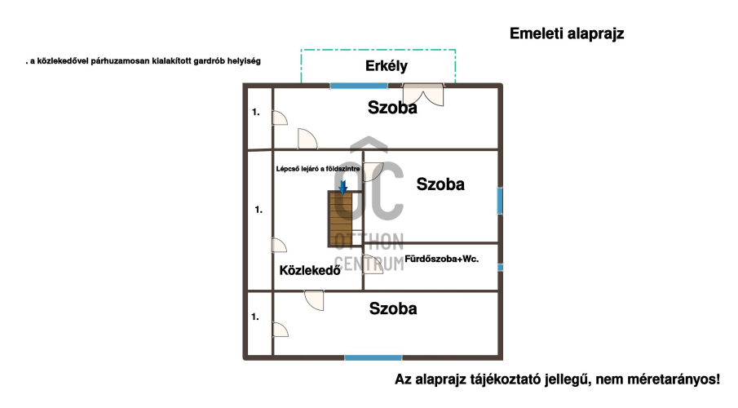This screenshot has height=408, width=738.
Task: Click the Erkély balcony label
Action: [x=387, y=66]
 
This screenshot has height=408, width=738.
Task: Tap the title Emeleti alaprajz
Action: [x=567, y=34]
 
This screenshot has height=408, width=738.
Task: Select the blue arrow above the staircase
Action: [x=343, y=187]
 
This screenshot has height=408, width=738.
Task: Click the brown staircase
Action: [x=341, y=219]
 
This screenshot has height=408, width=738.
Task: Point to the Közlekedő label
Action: [x=310, y=270]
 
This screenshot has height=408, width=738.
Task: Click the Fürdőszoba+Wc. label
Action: [x=441, y=259]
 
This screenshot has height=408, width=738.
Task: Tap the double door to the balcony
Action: [x=423, y=95]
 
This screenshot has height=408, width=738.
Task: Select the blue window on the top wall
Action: [x=359, y=86]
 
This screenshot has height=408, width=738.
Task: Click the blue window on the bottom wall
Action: [x=373, y=358]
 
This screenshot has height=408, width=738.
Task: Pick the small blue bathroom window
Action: [x=501, y=268]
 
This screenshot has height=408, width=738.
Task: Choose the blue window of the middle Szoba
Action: [x=500, y=201]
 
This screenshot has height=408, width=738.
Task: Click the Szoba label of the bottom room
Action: [x=393, y=308]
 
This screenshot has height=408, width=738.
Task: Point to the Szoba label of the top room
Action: [x=392, y=108]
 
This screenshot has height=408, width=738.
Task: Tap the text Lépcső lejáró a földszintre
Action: [x=318, y=169]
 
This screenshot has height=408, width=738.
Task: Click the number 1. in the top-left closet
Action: [x=255, y=112]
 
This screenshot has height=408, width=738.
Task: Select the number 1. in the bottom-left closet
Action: [x=255, y=317]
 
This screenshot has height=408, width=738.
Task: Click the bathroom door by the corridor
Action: [x=373, y=264]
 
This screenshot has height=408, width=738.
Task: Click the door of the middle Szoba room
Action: [x=373, y=172]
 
